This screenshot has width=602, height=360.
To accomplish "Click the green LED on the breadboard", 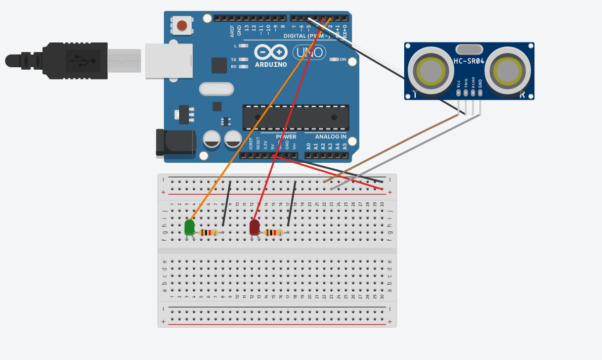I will pos(190,227).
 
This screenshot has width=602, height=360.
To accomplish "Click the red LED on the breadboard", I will pos(254,227).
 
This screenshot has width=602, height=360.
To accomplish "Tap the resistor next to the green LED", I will pos(208,233).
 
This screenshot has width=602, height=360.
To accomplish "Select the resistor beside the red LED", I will pos(273,233).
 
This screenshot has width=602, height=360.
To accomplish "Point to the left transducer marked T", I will pos(429,71).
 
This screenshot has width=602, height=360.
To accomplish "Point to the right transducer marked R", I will pos(507,71).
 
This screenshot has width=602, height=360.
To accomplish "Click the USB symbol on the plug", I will pos(83,61).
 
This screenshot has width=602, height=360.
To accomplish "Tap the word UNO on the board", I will pos(309,52).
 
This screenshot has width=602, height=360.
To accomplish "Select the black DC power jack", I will pos(176,142).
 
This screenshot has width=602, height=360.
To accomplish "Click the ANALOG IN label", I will pos(330,137).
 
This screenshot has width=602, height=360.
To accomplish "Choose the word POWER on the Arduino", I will pos(286,137).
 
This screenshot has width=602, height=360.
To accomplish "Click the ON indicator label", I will pos(342,59).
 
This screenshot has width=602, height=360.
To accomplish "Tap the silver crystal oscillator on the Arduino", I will pos(217,89).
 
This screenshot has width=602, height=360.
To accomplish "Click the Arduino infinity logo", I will pos(271,52).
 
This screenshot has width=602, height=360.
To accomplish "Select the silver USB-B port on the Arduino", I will pos(169,61).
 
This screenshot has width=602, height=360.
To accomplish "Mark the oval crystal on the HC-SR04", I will pos(469,49).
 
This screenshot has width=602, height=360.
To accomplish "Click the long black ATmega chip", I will pos(295,117).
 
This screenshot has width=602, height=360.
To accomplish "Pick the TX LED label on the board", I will pos(234,59).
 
